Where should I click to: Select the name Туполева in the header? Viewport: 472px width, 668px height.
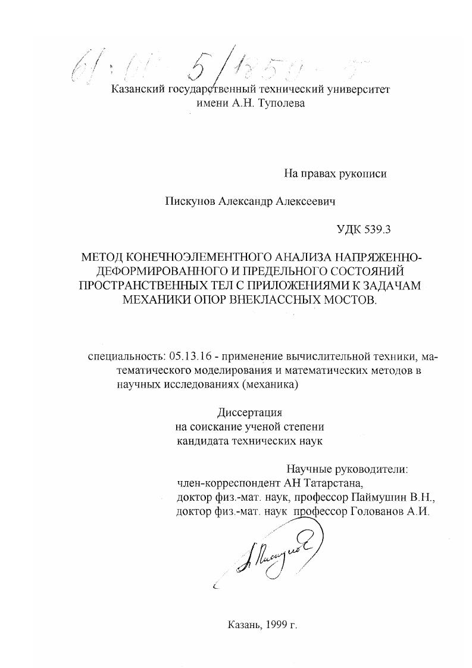pos(282,104)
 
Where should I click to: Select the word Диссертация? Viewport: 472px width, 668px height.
pos(247,413)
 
